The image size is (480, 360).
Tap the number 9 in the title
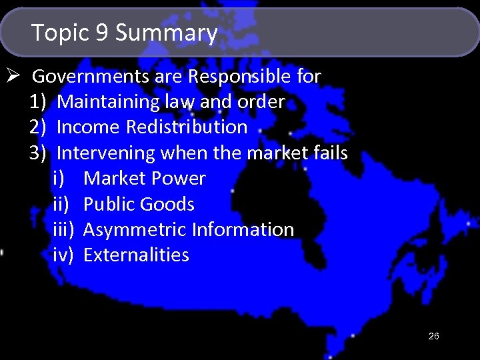point(102,33)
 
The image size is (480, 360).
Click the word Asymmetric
point(135,230)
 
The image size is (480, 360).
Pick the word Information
point(243,230)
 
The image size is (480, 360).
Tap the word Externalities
point(136,255)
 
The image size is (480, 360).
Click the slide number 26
point(433,337)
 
